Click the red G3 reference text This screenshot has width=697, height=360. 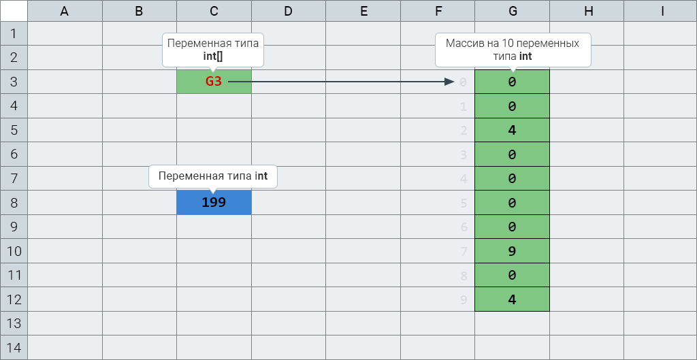(x=213, y=82)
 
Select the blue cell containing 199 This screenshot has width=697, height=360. (x=214, y=203)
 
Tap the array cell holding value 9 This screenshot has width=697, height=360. (x=512, y=251)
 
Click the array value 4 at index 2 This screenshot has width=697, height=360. (x=512, y=130)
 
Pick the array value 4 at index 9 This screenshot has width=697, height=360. (x=512, y=299)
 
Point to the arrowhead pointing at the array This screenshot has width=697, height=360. (x=449, y=82)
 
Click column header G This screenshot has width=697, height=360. (x=512, y=11)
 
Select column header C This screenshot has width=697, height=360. (x=214, y=11)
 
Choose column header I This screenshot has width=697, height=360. (x=662, y=11)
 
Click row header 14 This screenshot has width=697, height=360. (x=14, y=348)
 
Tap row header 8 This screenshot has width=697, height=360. (x=14, y=203)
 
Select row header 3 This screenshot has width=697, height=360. (x=14, y=82)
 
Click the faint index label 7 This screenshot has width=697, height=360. (x=464, y=252)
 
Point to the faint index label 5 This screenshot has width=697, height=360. (x=464, y=203)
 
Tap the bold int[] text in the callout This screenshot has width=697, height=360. (x=213, y=56)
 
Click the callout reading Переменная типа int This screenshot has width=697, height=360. (x=213, y=176)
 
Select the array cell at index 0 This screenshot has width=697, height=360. (x=512, y=82)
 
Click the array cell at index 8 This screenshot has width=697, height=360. (x=512, y=275)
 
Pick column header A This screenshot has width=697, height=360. (x=65, y=11)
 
